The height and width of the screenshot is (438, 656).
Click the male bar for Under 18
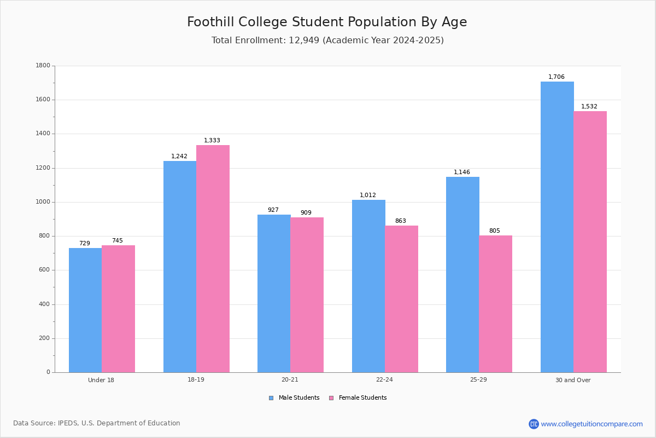[x=85, y=310]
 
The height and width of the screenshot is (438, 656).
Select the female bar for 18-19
[x=213, y=258]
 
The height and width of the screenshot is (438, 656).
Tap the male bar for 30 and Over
[x=557, y=227]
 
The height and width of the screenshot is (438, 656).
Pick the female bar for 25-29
[x=495, y=304]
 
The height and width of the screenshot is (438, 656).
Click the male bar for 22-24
[x=368, y=286]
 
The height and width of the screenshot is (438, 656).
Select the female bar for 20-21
[x=307, y=295]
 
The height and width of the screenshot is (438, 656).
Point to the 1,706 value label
[x=557, y=77]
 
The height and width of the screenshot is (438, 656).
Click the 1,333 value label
[x=212, y=141]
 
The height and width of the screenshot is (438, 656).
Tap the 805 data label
[x=495, y=231]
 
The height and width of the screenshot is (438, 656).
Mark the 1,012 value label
[x=368, y=195]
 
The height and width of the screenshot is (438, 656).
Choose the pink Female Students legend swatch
[x=331, y=398]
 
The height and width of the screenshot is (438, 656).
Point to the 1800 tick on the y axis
[x=43, y=66]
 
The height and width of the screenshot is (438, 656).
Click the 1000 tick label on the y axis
[x=43, y=202]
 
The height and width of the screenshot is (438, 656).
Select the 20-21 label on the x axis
[x=290, y=380]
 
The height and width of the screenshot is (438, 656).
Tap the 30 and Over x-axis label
[x=573, y=380]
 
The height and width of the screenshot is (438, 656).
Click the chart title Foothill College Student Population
[x=327, y=22]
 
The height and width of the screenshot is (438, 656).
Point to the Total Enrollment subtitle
[x=327, y=41]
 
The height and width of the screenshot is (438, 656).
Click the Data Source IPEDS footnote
[x=97, y=423]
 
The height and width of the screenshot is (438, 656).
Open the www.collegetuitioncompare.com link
[x=591, y=424]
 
